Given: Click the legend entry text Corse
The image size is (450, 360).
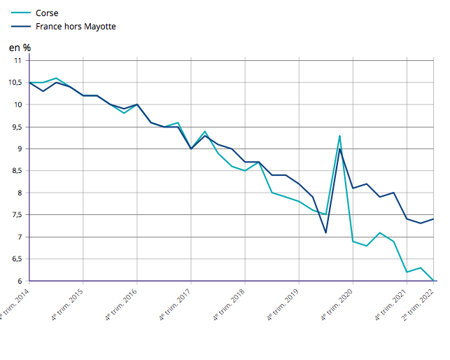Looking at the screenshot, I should coord(47,13).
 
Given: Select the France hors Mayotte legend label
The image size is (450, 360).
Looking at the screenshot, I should coord(76,27).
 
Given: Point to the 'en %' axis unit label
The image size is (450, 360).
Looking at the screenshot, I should coord(20,48).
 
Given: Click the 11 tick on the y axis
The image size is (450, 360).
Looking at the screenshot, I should coord(17,60).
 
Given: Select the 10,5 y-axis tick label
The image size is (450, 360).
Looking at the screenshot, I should coord(15,83).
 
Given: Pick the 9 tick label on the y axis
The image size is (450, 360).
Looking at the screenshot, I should coord(20,148).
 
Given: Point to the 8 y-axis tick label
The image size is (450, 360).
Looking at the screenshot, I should coord(20,193).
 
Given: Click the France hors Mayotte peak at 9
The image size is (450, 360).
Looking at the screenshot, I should coord(339,149).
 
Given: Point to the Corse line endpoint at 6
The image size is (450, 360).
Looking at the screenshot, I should coord(433,280).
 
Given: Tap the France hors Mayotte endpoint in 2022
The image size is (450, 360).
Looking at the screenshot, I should coord(433,219).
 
